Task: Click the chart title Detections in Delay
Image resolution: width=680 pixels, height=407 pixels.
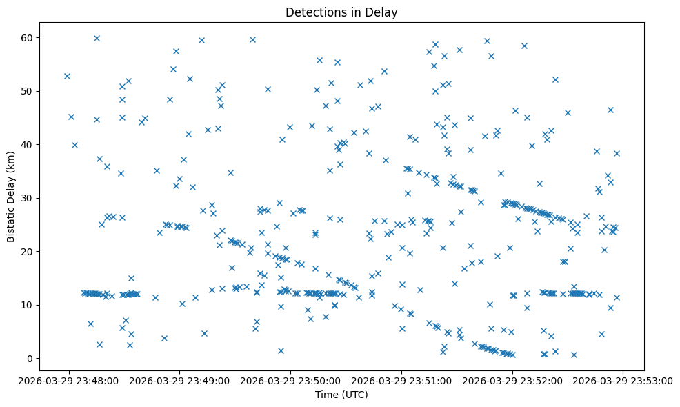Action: click(342, 12)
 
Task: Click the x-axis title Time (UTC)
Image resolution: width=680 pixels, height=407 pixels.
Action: click(342, 395)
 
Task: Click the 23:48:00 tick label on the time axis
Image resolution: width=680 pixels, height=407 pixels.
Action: click(68, 380)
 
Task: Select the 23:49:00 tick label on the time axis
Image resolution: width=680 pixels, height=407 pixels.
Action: click(179, 380)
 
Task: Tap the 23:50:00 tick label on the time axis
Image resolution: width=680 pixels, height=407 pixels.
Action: click(290, 380)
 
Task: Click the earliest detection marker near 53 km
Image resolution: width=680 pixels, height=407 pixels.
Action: click(67, 76)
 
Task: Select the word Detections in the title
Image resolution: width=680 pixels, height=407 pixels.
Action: click(310, 12)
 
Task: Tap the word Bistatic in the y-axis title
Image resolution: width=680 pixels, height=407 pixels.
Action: click(11, 222)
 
